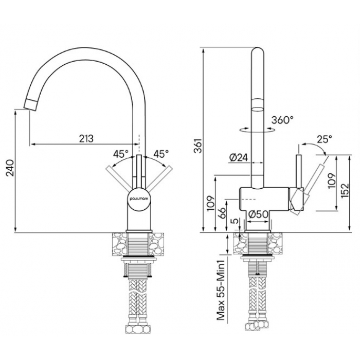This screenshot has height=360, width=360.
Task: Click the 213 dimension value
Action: (86, 139)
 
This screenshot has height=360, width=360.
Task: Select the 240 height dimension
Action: (10, 168)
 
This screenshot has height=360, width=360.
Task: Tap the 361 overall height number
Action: (197, 146)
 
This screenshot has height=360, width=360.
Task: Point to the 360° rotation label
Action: (282, 120)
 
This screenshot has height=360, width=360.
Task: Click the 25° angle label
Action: (325, 139)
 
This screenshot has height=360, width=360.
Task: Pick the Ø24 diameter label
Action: (239, 158)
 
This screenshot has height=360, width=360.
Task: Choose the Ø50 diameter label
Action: (259, 214)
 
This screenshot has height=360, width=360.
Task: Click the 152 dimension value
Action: (345, 191)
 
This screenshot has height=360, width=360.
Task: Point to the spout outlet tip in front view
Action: (30, 105)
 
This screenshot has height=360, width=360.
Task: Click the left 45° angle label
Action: (120, 154)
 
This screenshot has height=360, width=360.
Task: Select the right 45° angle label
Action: (161, 154)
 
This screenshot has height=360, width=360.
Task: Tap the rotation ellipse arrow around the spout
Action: (257, 130)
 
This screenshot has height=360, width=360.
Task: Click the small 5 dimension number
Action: (235, 221)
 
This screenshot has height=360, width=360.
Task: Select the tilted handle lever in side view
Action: (310, 182)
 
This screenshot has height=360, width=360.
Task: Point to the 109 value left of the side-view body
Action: (211, 204)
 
